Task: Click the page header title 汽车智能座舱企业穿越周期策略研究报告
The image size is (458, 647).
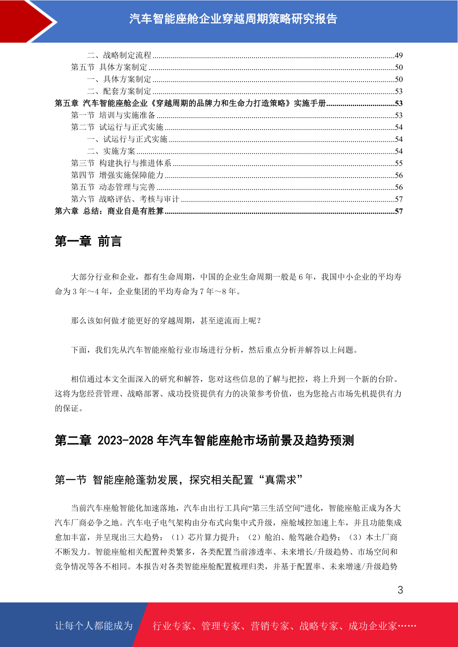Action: pyautogui.click(x=233, y=19)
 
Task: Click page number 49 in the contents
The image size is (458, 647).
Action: pyautogui.click(x=398, y=55)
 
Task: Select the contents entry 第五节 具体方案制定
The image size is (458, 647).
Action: pyautogui.click(x=109, y=67)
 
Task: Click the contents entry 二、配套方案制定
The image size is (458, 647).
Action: pyautogui.click(x=119, y=91)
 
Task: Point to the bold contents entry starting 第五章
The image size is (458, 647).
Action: pyautogui.click(x=190, y=103)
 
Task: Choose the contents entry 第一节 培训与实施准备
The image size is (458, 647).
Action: pyautogui.click(x=113, y=115)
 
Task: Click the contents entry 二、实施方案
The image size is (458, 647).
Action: pyautogui.click(x=111, y=151)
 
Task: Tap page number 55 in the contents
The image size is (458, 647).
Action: pyautogui.click(x=398, y=163)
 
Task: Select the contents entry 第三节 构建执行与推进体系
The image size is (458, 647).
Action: pyautogui.click(x=121, y=163)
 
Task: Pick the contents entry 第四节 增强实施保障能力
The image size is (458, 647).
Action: pyautogui.click(x=117, y=175)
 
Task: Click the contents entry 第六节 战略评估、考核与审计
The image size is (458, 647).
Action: pyautogui.click(x=125, y=199)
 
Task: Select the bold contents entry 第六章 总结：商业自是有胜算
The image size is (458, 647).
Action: pyautogui.click(x=109, y=211)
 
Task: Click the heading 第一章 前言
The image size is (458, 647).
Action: pyautogui.click(x=88, y=241)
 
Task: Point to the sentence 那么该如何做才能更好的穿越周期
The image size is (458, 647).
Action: pyautogui.click(x=166, y=321)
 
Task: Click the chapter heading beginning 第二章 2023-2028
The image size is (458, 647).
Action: pyautogui.click(x=204, y=440)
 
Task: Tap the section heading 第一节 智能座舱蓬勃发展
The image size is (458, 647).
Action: pyautogui.click(x=178, y=480)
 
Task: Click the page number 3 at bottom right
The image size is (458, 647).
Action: pyautogui.click(x=400, y=590)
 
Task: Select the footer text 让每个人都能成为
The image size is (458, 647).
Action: pyautogui.click(x=94, y=626)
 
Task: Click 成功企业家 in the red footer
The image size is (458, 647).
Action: pyautogui.click(x=372, y=626)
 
